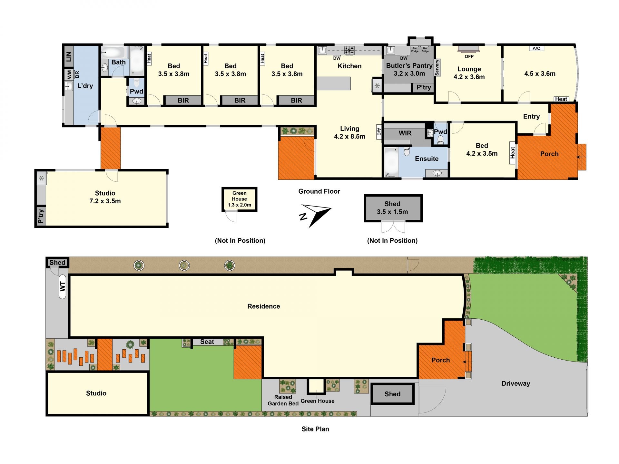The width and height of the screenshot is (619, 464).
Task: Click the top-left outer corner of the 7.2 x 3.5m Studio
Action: [35, 169]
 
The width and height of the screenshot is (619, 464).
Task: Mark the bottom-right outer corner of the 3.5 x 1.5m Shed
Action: [422, 222]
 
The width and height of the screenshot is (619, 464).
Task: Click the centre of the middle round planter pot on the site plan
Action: [184, 266]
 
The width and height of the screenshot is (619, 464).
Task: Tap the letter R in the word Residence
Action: [250, 306]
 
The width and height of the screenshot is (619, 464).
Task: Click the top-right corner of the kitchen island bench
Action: [350, 77]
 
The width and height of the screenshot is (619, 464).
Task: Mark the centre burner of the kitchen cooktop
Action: [349, 50]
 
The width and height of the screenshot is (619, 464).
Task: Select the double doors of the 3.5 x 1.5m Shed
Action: [393, 227]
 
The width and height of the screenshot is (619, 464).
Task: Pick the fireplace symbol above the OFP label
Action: [468, 49]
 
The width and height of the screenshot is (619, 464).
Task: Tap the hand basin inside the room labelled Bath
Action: [105, 68]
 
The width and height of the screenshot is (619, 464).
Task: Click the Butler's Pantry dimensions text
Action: [409, 73]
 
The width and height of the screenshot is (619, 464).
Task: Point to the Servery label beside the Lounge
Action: [437, 68]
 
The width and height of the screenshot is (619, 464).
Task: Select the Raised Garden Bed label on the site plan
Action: [283, 401]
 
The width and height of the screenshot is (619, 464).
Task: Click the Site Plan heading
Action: [315, 429]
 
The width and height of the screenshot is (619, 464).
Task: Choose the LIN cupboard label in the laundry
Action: [69, 57]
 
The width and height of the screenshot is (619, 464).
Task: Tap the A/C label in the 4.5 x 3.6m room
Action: [536, 48]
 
